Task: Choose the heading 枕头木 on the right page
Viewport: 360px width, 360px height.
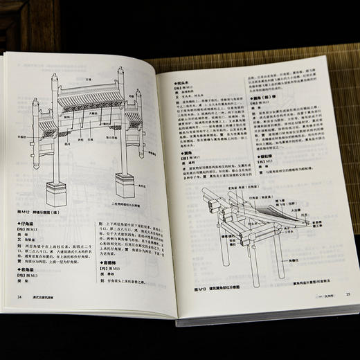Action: (x=181, y=80)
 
